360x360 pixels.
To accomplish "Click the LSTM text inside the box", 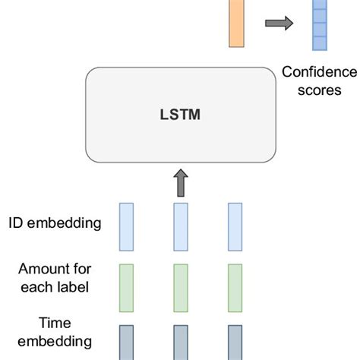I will click(x=180, y=115).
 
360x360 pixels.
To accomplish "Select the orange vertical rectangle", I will click(x=236, y=23).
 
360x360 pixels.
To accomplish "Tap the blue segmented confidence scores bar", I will click(x=319, y=24).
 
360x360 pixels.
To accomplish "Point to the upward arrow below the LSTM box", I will click(x=180, y=182).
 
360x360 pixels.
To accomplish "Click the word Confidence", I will click(x=319, y=72).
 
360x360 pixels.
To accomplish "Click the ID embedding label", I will click(x=55, y=223).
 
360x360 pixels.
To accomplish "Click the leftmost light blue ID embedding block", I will click(x=126, y=226).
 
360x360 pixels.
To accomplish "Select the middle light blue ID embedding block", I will click(x=181, y=226).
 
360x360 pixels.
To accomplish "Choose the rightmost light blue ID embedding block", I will click(x=235, y=226).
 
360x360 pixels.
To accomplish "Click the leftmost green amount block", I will click(x=126, y=287).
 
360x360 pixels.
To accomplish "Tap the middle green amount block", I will click(x=181, y=287).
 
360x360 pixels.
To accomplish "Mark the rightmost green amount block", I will click(x=235, y=287).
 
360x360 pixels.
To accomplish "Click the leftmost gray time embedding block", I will click(x=126, y=343).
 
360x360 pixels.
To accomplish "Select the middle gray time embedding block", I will click(x=181, y=343).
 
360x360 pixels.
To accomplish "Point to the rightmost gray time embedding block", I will click(x=235, y=343).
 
